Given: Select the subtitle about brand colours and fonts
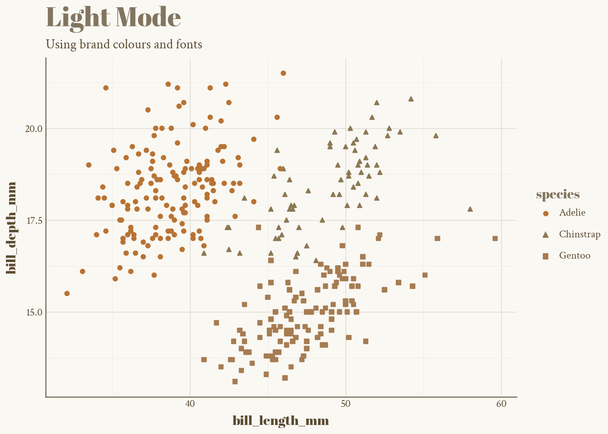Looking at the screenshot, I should pos(124,44).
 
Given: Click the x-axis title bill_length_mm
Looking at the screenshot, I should pos(280,421).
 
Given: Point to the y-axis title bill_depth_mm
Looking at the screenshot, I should pos(12,228).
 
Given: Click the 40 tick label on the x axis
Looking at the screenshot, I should pos(190,404).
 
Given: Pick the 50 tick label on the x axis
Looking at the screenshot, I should pos(346,404).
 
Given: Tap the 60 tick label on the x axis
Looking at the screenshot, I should pos(501,404).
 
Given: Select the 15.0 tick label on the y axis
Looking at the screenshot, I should pos(33,312).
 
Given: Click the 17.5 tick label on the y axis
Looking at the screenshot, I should pos(33,221).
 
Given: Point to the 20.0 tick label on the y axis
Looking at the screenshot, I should pos(33,129).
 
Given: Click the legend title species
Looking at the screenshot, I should pos(558,194).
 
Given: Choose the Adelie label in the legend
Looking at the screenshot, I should pos(572,213).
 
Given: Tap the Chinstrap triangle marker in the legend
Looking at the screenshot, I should pos(545,235).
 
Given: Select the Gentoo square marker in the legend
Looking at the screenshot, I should pos(545,256).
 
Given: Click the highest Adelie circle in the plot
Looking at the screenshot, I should pos(283,73).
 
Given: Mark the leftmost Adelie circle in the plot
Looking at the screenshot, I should pos(67,293).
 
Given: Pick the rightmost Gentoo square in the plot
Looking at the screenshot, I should pos(495,238).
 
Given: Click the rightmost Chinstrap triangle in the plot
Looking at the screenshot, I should pos(470,209).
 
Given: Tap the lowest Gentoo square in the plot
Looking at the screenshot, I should pos(235,382).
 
